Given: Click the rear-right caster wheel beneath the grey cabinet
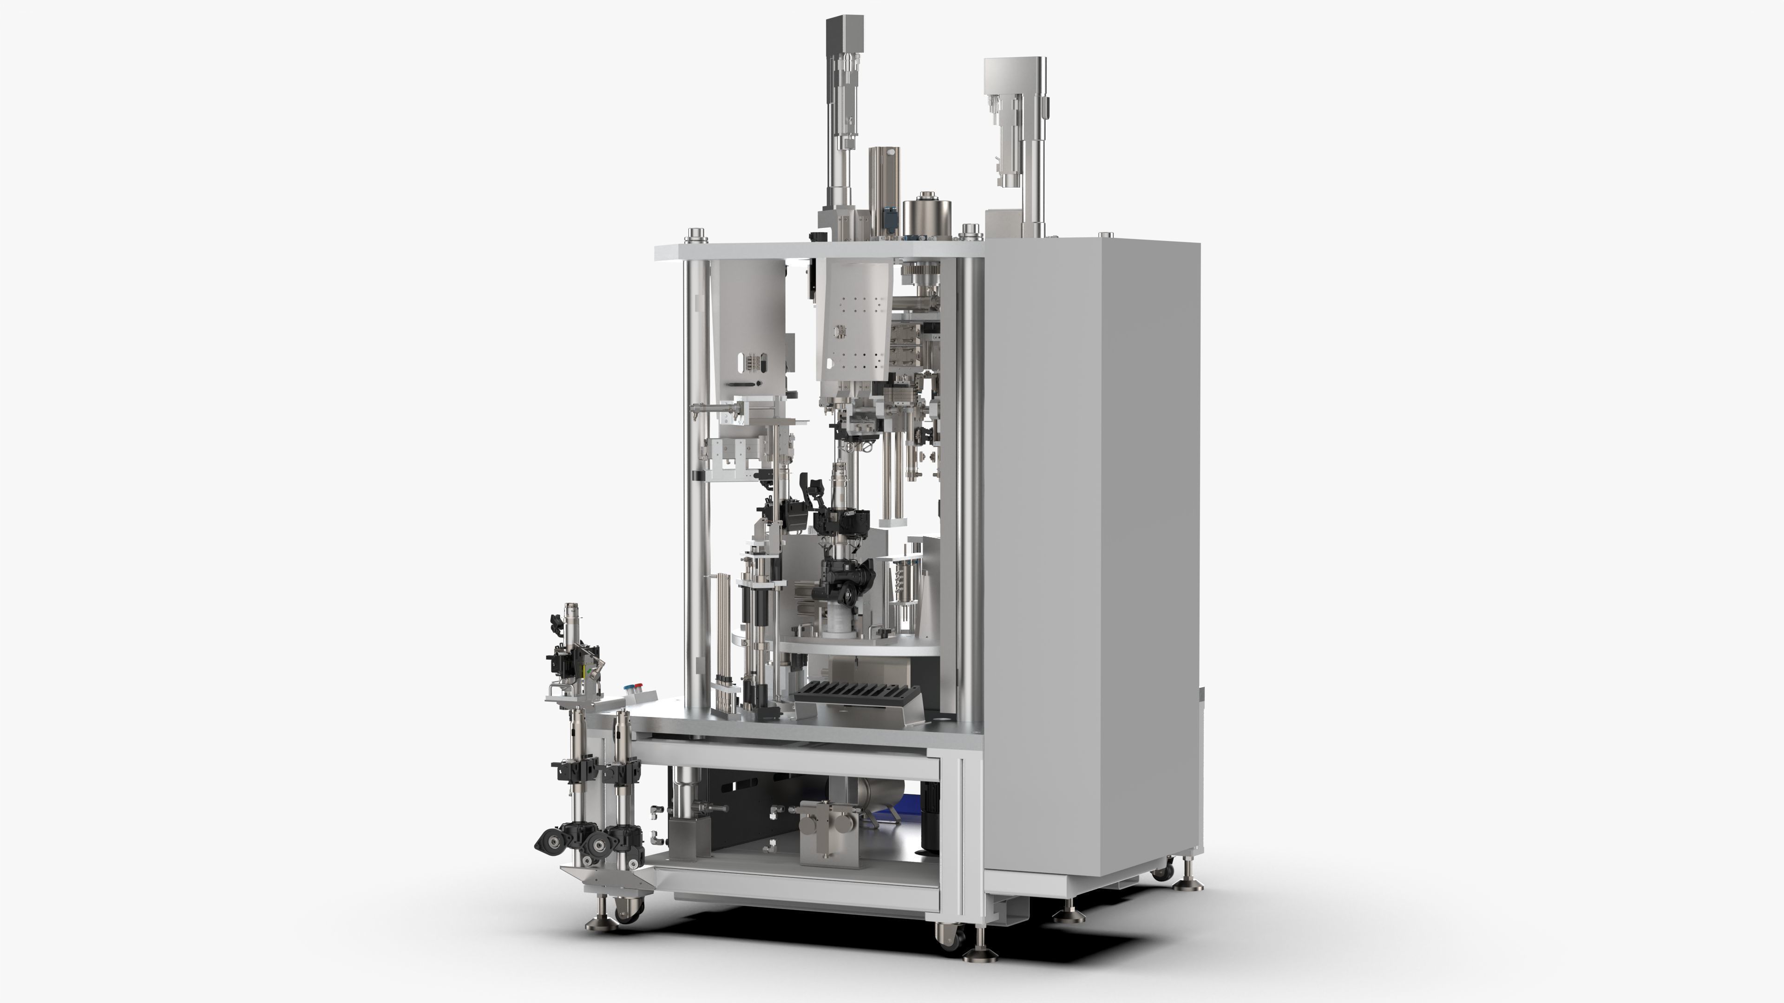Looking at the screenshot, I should tap(1163, 871).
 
